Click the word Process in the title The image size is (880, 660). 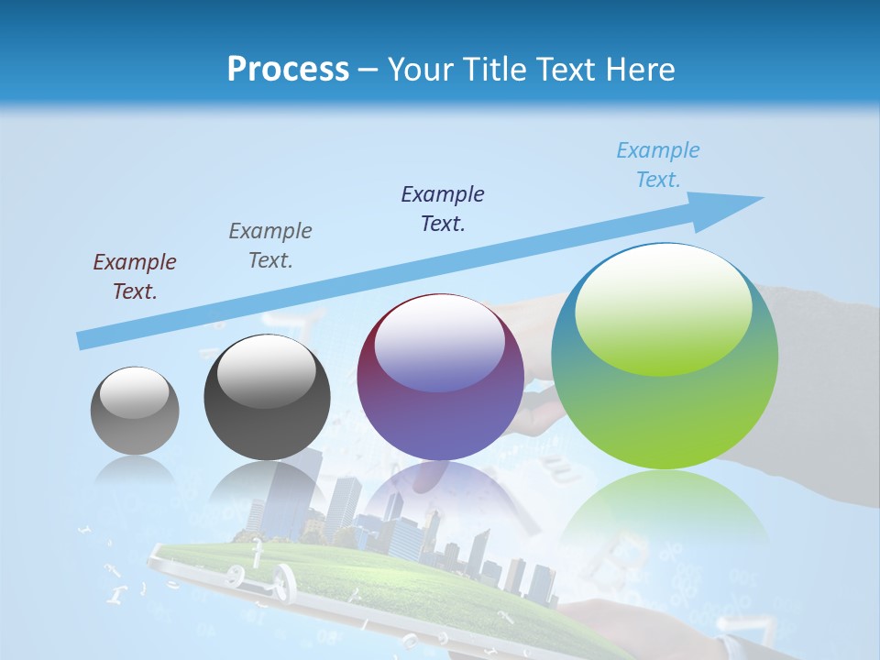(288, 69)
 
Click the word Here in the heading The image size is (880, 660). (641, 69)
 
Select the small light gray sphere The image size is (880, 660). (135, 411)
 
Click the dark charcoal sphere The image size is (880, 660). (267, 397)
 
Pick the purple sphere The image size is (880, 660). (440, 377)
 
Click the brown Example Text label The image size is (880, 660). (135, 277)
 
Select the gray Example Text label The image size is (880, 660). (270, 246)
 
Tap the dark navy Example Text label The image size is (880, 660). (443, 209)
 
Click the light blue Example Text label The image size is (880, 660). (658, 165)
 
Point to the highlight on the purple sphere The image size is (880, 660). (439, 342)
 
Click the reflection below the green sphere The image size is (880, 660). (665, 513)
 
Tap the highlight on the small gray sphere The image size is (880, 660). (134, 392)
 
